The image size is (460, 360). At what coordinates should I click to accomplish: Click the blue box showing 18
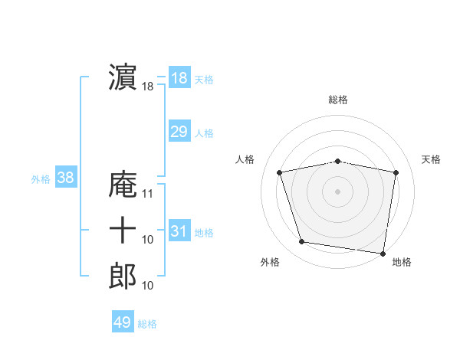coord(179,78)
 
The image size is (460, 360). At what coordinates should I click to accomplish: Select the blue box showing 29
coord(179,132)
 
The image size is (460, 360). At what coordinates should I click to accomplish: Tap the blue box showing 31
coord(179,231)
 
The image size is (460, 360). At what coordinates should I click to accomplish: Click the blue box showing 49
coord(123,322)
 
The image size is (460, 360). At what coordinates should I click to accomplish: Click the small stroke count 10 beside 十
coord(149,241)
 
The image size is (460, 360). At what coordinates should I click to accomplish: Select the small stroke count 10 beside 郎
coord(149,286)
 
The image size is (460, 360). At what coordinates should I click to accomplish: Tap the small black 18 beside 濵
coord(148,87)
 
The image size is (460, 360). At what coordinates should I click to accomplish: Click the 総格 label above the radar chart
coord(338,100)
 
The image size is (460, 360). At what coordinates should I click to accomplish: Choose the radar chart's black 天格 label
coord(432,159)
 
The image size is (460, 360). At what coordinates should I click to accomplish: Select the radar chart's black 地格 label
coord(402,262)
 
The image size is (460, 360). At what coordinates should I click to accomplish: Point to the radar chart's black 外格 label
coord(270,262)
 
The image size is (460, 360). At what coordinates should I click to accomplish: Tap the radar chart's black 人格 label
coord(245,159)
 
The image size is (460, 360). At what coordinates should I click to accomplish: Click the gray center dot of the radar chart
coord(338,191)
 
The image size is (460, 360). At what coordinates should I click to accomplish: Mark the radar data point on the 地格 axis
coord(383,252)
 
